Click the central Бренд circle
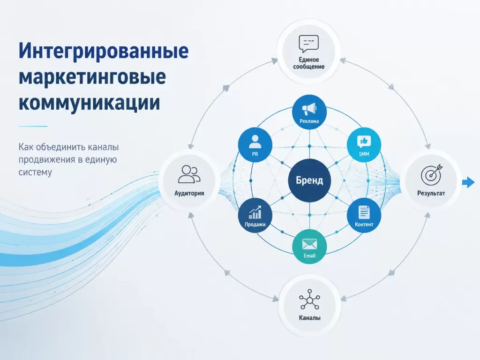click(x=309, y=180)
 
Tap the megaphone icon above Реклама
click(x=309, y=109)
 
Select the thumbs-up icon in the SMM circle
click(x=364, y=142)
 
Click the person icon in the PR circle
click(x=255, y=142)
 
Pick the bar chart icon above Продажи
click(x=255, y=212)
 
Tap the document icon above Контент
click(x=364, y=212)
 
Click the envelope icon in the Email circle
click(x=309, y=244)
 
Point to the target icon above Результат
click(x=431, y=175)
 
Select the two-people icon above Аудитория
click(x=189, y=174)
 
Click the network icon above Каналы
click(x=309, y=299)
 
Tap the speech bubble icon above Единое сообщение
click(x=308, y=44)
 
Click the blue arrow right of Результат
click(x=468, y=182)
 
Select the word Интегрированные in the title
click(x=104, y=51)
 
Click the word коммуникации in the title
click(x=90, y=103)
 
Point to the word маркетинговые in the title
click(x=92, y=77)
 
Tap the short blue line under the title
click(x=33, y=126)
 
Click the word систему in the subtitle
click(x=35, y=172)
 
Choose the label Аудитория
click(x=189, y=193)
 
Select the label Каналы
click(x=309, y=318)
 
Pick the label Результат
click(x=431, y=193)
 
